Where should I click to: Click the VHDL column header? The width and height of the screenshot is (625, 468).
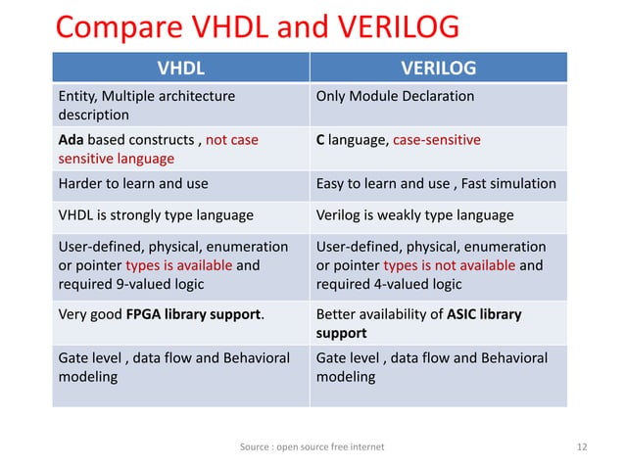[182, 68]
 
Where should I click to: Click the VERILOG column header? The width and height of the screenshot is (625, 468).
[439, 68]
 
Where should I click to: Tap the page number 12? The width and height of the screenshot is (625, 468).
[583, 446]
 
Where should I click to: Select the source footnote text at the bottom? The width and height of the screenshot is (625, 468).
[312, 446]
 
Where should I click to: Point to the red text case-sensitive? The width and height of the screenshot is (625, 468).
[437, 140]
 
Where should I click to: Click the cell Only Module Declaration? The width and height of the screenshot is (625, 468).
[395, 96]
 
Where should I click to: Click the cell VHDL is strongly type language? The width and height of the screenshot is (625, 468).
[157, 214]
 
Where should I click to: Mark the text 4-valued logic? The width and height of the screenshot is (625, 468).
[420, 284]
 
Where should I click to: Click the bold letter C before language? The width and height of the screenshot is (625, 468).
[320, 140]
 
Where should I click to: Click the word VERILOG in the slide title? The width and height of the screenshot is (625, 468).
[377, 26]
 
